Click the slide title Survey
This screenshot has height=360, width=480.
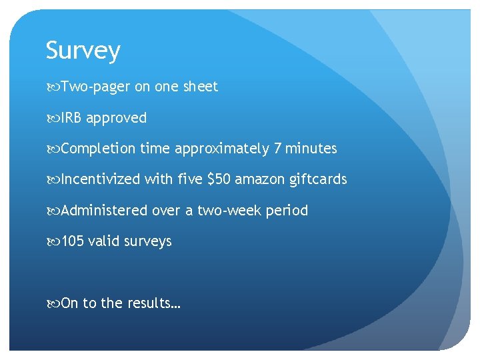click(83, 51)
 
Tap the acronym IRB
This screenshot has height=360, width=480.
click(71, 118)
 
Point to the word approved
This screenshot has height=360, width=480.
click(116, 119)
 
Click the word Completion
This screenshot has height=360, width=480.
click(99, 149)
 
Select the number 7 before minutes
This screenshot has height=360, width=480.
click(278, 149)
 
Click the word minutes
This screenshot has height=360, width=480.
click(311, 149)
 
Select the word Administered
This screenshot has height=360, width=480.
click(104, 211)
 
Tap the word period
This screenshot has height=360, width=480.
click(287, 211)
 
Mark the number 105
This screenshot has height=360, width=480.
click(73, 241)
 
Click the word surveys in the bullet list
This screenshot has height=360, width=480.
click(147, 242)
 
